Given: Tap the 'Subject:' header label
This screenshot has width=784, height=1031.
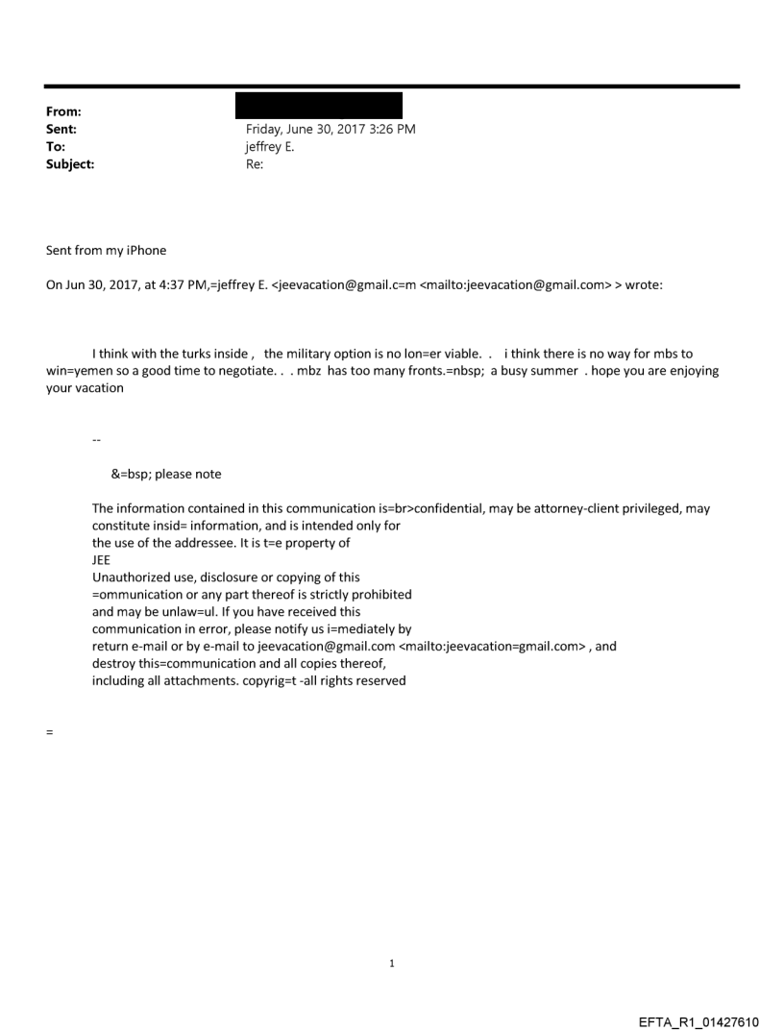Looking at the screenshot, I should tap(70, 164).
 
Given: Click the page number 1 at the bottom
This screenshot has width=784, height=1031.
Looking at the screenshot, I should tap(392, 964).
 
